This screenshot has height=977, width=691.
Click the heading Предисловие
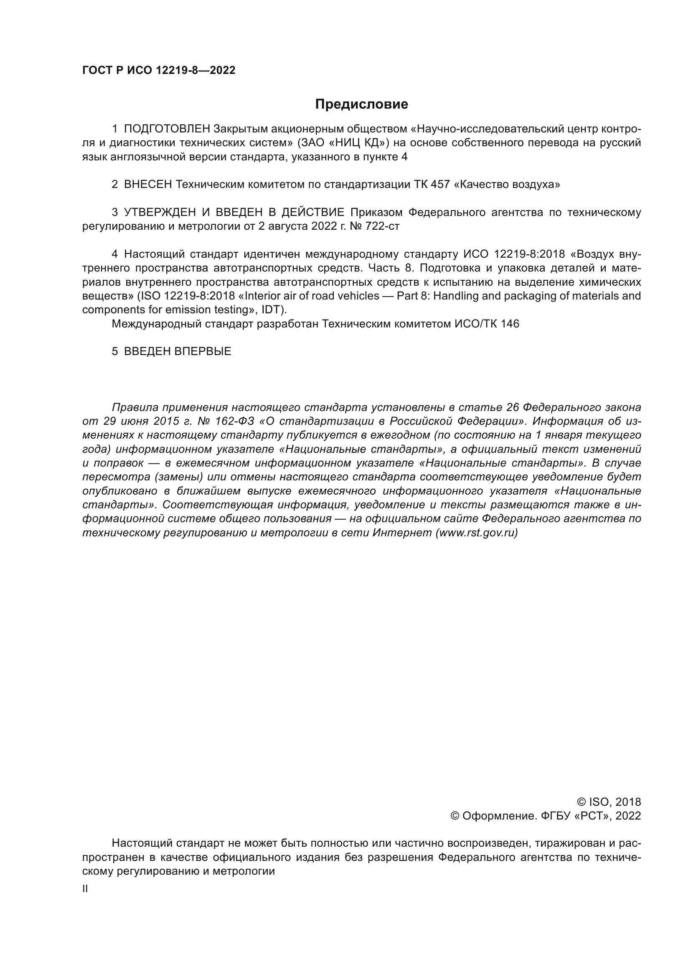[x=361, y=104]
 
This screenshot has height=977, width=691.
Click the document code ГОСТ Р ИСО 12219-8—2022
[x=159, y=70]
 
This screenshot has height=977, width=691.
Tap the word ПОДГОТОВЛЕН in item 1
[x=167, y=129]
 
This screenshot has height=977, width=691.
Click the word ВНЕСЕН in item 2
[x=147, y=184]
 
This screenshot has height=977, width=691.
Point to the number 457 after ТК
[x=440, y=184]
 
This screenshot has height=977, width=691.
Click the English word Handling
[x=454, y=296]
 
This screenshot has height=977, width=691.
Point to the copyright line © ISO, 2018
[x=609, y=802]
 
